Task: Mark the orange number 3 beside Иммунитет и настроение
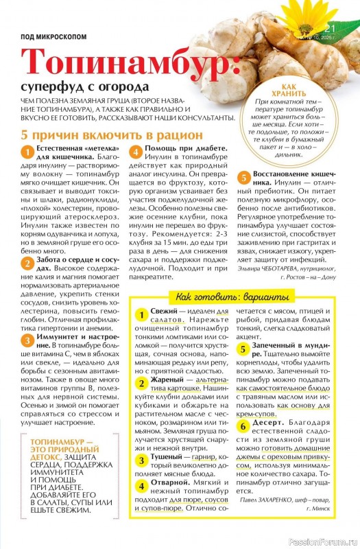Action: point(26,340)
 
